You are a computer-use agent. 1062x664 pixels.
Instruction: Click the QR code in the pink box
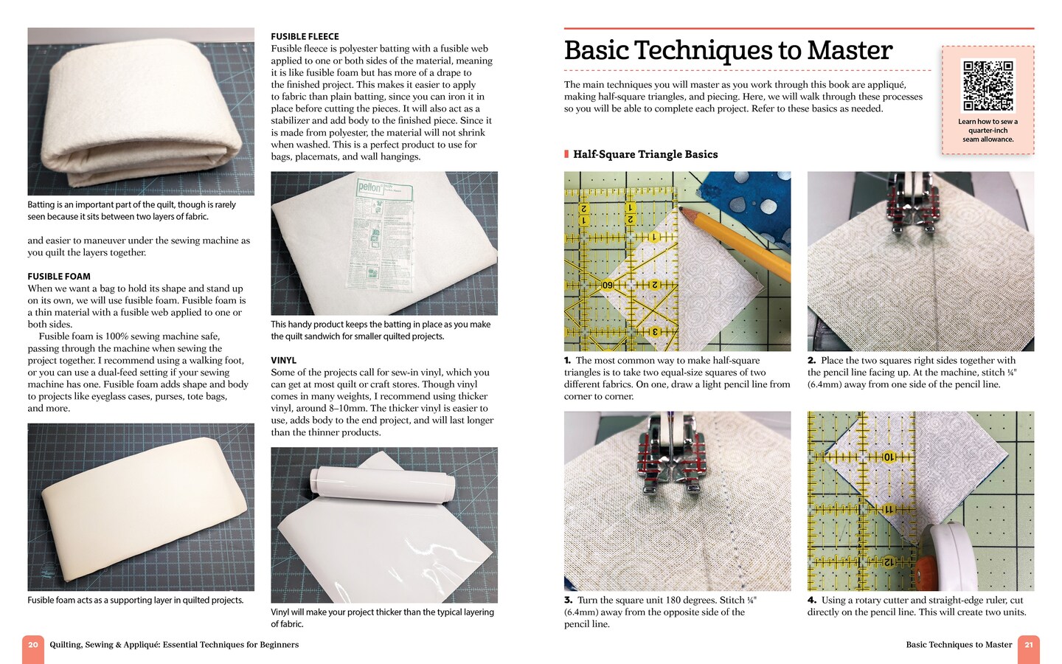pos(988,85)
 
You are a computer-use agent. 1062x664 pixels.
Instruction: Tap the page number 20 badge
pos(32,646)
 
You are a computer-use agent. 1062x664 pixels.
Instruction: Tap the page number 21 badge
pos(1029,646)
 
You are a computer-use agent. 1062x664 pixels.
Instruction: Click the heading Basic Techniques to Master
pos(728,50)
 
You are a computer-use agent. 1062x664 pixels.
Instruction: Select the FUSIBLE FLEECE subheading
pos(305,36)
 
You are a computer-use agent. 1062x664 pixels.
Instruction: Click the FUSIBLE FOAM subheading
pos(59,277)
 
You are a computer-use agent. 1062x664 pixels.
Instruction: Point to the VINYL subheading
pos(283,361)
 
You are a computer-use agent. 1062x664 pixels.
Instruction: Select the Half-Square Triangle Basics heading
pos(645,154)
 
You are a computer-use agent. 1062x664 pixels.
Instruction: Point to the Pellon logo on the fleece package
pos(369,187)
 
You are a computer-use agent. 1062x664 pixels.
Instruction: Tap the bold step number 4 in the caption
pos(811,601)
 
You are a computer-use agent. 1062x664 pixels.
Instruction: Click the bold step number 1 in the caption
pos(568,361)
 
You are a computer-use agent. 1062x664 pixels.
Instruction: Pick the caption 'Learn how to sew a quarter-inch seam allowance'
pos(988,131)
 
